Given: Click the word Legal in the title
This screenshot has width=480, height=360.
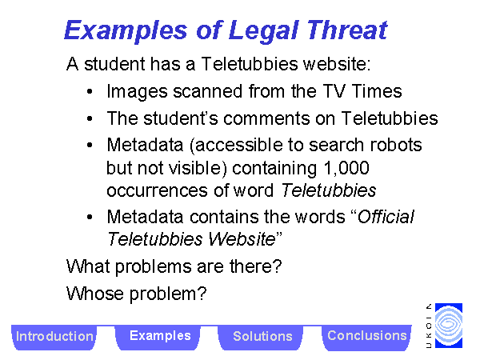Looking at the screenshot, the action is [263, 31].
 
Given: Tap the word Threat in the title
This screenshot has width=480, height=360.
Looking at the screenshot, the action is [347, 30].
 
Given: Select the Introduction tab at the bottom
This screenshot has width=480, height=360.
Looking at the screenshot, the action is [54, 337].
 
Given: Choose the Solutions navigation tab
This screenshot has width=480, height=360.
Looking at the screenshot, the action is [262, 337].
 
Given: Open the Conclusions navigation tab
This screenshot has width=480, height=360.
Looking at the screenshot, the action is [366, 337].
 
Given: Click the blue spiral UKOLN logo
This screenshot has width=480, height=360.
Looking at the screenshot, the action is [449, 326].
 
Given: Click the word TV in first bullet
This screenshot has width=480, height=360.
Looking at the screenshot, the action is [334, 91].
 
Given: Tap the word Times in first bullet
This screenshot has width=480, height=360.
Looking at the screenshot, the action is [377, 91].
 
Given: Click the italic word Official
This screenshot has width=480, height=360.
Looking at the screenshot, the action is [386, 217].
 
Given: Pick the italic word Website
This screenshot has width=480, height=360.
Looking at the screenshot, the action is [242, 239].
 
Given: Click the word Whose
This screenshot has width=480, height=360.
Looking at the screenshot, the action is [95, 294].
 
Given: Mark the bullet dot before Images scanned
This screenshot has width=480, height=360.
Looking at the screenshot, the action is [90, 91].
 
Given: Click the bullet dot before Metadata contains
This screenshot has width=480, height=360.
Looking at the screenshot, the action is [90, 217].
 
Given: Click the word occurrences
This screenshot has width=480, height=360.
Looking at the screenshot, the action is [157, 190].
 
